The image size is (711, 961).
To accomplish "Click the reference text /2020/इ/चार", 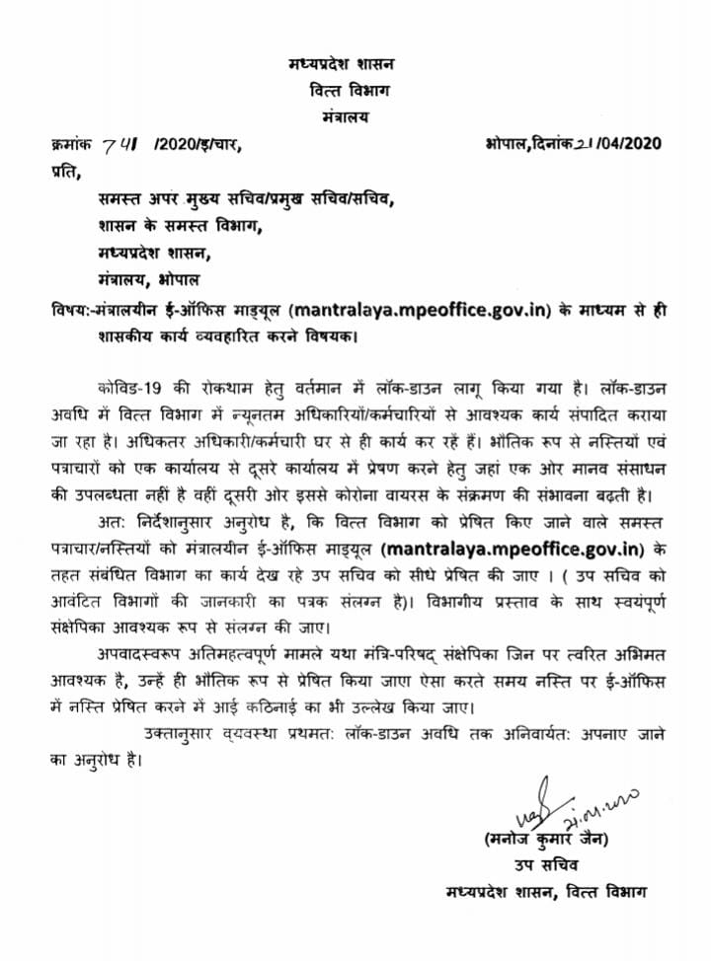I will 197,144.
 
